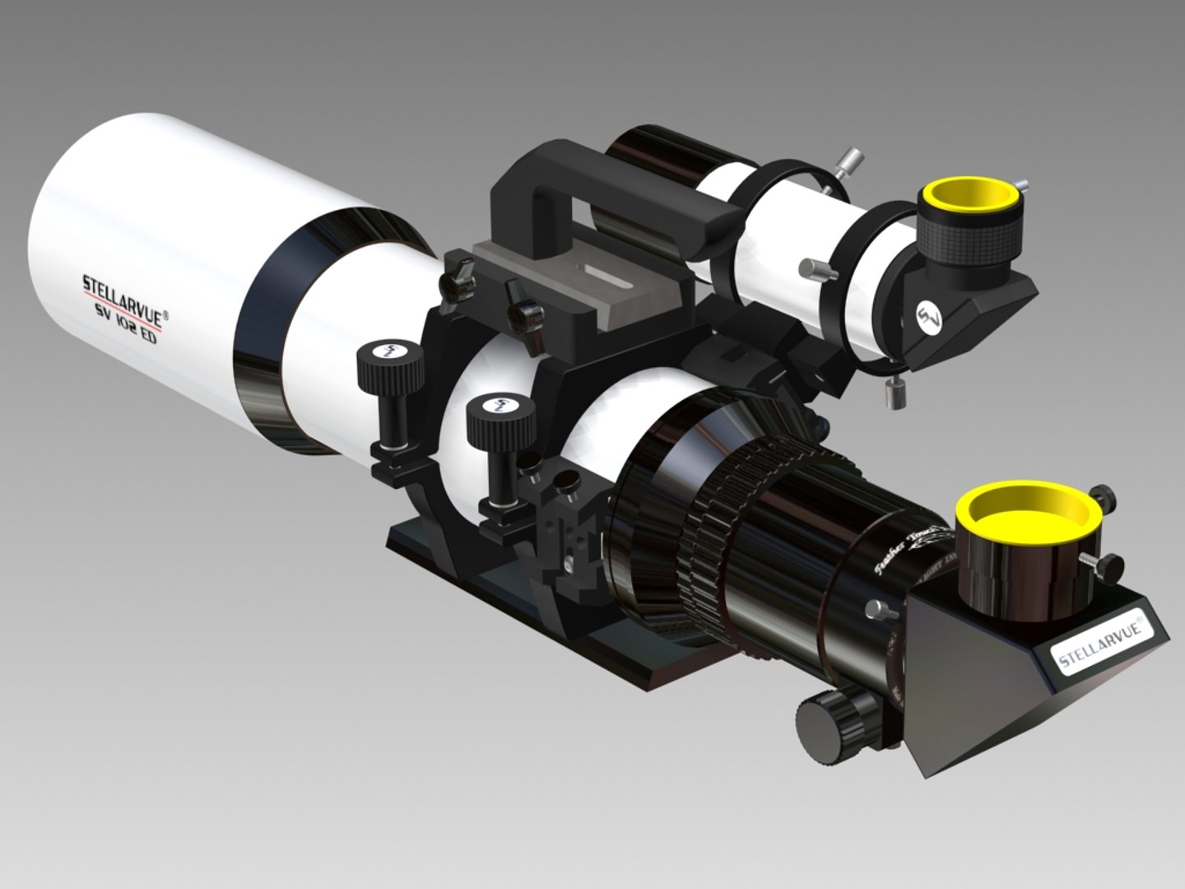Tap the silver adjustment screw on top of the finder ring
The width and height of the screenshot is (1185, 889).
coord(848,161)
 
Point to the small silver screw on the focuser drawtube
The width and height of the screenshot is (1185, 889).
coord(878,610)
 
